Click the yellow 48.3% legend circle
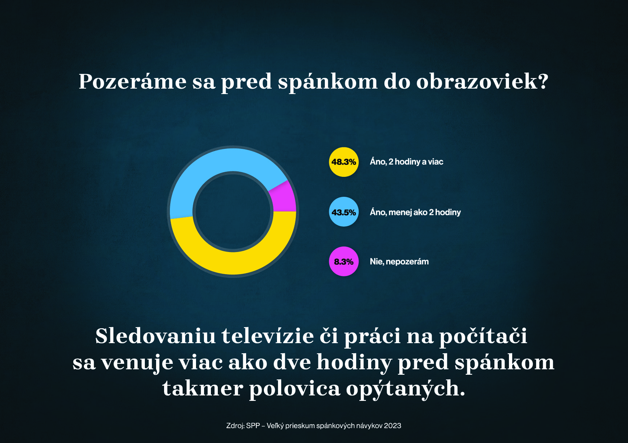click(x=343, y=162)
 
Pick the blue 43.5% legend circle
click(x=343, y=212)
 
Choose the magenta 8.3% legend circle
click(x=343, y=261)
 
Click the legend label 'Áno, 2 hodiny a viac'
click(x=406, y=162)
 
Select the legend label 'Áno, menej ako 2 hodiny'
click(x=415, y=212)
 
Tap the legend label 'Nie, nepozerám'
click(x=399, y=261)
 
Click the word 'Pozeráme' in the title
click(x=132, y=81)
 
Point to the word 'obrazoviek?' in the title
click(x=482, y=81)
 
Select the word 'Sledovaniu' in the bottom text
click(x=155, y=336)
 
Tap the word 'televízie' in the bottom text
click(x=268, y=336)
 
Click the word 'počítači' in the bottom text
click(x=483, y=336)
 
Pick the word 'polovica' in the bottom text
click(x=294, y=388)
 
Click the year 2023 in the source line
click(x=392, y=426)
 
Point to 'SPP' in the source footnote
click(x=253, y=426)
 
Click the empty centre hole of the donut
click(x=233, y=211)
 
